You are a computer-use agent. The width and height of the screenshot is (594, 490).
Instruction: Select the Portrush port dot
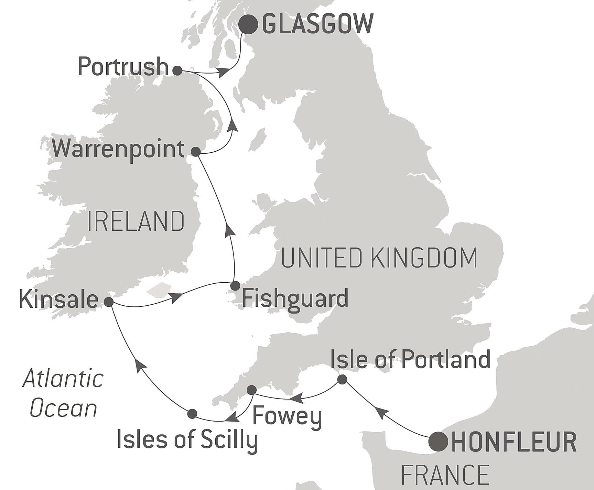[x=177, y=71]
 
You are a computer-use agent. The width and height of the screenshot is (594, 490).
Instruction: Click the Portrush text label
[x=123, y=67]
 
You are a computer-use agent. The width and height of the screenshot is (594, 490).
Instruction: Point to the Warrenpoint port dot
[x=196, y=152]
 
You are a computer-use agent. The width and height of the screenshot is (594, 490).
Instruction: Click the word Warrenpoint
[x=118, y=150]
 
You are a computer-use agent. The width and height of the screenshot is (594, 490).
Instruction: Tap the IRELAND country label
[x=136, y=221]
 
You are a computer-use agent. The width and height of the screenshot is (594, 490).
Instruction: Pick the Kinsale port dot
[x=108, y=302]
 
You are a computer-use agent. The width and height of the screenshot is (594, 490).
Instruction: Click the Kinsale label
[x=59, y=299]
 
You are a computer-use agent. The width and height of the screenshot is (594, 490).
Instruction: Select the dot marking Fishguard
[x=235, y=286]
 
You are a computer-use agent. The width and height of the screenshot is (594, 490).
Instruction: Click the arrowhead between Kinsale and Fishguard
[x=176, y=297]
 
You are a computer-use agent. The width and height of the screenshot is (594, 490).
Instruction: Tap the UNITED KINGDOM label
[x=379, y=258]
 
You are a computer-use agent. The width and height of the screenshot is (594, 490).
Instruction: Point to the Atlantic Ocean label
[x=63, y=393]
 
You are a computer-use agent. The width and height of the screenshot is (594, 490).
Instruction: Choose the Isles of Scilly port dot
[x=192, y=414]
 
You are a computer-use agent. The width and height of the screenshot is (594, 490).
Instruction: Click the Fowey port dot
[x=252, y=390]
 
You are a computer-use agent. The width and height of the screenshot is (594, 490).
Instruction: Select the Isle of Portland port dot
[x=342, y=380]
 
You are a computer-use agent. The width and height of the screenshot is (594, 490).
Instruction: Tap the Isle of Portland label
[x=410, y=359]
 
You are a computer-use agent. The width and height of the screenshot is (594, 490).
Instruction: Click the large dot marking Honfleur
[x=438, y=441]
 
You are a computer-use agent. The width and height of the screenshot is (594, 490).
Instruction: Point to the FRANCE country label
[x=445, y=475]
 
